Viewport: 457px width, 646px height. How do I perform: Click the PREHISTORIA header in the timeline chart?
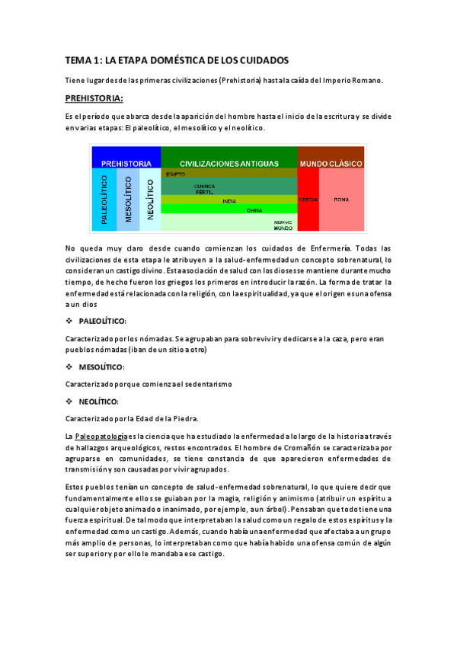pyautogui.click(x=126, y=163)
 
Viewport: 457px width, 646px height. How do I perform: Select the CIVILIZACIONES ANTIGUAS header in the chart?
pyautogui.click(x=228, y=163)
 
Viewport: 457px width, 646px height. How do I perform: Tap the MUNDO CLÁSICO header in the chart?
pyautogui.click(x=331, y=163)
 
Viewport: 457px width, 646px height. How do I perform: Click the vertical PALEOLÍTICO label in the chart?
pyautogui.click(x=104, y=200)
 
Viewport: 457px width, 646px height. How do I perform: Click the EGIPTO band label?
pyautogui.click(x=175, y=174)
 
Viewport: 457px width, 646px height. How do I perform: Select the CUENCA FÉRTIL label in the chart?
pyautogui.click(x=204, y=187)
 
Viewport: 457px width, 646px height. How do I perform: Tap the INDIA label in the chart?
pyautogui.click(x=228, y=200)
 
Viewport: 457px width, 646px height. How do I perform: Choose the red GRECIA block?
pyautogui.click(x=308, y=200)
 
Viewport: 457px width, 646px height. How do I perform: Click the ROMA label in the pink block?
pyautogui.click(x=341, y=200)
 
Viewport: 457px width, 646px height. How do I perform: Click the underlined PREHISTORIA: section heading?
pyautogui.click(x=95, y=98)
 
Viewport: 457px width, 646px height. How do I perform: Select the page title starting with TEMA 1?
pyautogui.click(x=176, y=60)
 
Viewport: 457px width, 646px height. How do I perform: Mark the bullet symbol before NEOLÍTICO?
pyautogui.click(x=70, y=401)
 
